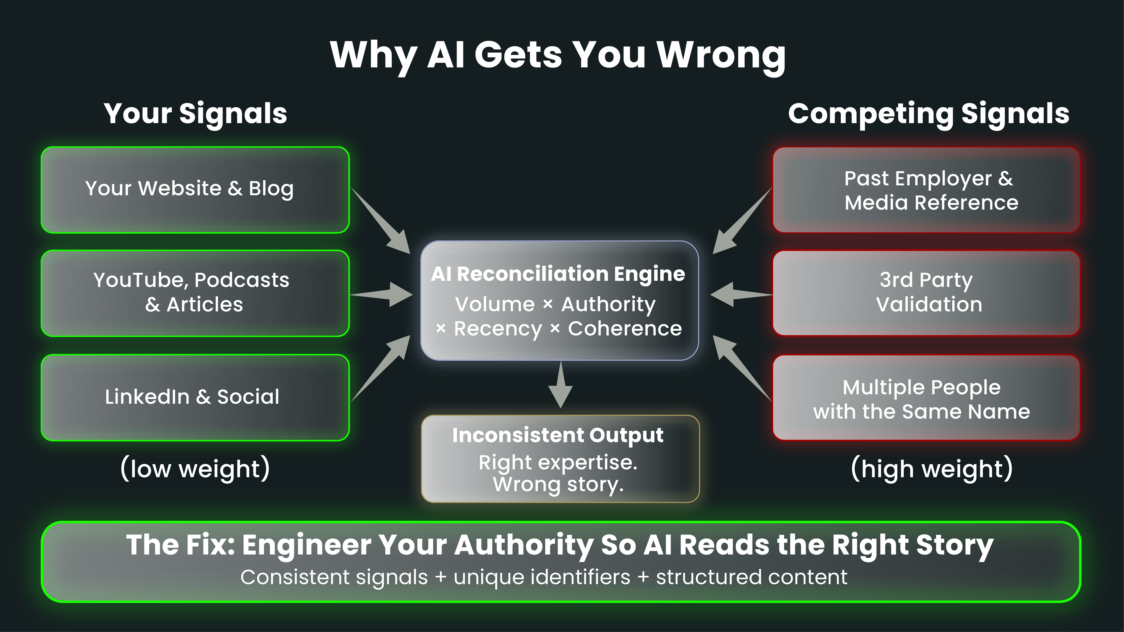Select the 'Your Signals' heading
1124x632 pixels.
point(195,113)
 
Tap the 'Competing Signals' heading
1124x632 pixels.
point(928,113)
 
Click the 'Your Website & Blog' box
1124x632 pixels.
point(195,190)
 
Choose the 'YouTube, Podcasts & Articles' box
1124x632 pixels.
point(195,293)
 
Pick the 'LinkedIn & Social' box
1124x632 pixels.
point(195,397)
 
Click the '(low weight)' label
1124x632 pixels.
point(195,469)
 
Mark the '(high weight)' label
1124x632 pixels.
point(932,469)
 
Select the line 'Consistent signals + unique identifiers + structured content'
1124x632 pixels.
point(544,577)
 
